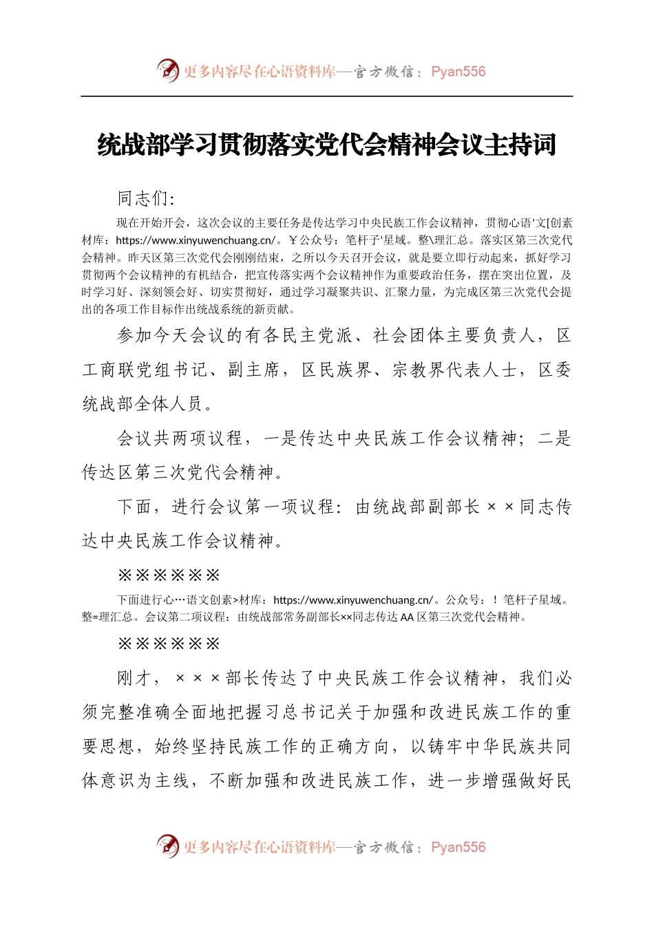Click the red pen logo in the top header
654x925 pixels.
point(167,70)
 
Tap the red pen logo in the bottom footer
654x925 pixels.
point(167,846)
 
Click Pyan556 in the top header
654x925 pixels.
point(458,72)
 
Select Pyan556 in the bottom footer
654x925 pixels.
point(458,847)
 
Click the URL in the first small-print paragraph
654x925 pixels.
point(195,240)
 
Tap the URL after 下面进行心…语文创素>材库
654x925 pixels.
point(353,600)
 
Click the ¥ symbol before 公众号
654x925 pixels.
point(292,240)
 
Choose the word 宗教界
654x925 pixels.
point(420,370)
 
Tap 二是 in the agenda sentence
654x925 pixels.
point(554,438)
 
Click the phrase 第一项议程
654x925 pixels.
point(288,507)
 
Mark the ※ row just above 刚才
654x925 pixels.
point(169,644)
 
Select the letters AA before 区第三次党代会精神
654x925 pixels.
point(407,617)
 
